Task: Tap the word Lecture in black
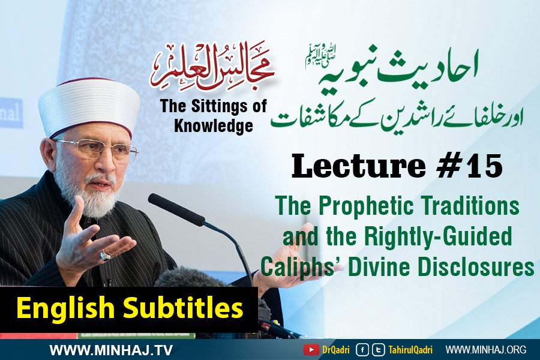click(359, 166)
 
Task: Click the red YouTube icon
click(311, 350)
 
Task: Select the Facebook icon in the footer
click(362, 350)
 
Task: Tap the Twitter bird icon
click(379, 350)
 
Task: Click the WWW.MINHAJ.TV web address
click(111, 350)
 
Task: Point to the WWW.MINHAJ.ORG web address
click(486, 350)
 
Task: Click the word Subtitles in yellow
click(183, 308)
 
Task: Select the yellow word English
click(65, 308)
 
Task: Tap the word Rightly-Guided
click(438, 236)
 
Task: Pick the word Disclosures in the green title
click(476, 267)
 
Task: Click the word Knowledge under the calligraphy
click(214, 126)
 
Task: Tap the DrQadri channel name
click(336, 350)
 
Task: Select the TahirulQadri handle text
click(410, 350)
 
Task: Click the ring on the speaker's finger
click(105, 256)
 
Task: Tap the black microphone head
click(176, 210)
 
